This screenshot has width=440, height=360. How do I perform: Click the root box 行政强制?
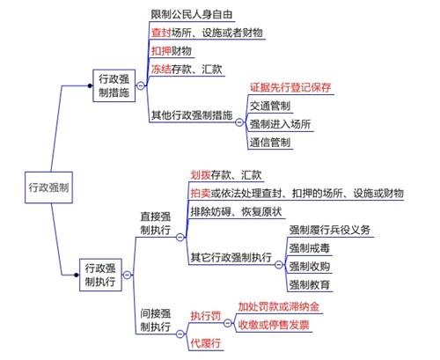point(48,187)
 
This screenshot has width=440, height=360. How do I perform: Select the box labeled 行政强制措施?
point(114,85)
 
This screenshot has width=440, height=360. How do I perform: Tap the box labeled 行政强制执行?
point(100,275)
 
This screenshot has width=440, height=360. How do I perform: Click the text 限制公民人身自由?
point(192,14)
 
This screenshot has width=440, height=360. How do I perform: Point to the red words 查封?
point(161,33)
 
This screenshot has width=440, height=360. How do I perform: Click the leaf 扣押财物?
point(172,51)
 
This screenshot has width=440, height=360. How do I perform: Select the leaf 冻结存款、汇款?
point(187,70)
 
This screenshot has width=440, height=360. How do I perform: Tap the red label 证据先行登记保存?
point(290,87)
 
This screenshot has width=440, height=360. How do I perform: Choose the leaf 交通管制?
point(270,106)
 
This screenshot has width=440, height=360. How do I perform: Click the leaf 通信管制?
point(270,143)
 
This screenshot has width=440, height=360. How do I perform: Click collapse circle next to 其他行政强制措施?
point(239,122)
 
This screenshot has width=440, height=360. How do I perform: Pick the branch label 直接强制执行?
point(156,224)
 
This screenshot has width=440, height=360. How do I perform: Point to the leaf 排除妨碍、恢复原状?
point(236,211)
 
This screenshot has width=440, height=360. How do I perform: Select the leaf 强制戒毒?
point(310,248)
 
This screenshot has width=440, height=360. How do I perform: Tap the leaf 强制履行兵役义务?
point(330,230)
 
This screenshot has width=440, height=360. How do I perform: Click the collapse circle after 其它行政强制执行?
point(279,265)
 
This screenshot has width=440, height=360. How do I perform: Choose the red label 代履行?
point(206,343)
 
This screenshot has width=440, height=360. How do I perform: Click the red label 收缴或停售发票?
point(274,325)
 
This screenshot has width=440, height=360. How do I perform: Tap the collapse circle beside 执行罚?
point(228,323)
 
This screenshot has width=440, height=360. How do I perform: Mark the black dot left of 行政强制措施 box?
point(90,85)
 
